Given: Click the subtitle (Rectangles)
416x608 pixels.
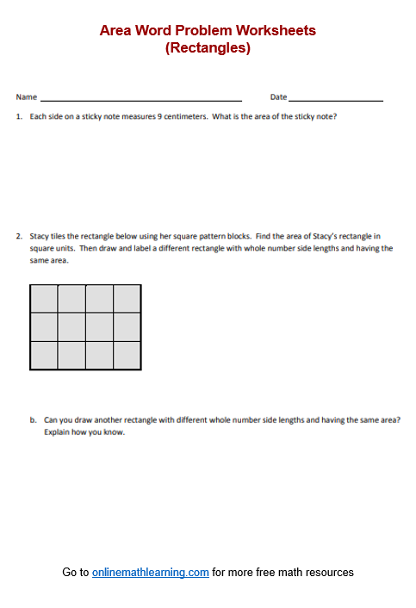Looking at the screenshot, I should tap(208, 48).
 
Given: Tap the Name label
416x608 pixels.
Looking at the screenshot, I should tap(26, 97).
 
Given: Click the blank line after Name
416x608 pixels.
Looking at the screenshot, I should tap(140, 99).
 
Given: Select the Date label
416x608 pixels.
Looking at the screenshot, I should tap(278, 97).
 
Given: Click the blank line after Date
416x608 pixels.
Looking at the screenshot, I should tap(336, 99).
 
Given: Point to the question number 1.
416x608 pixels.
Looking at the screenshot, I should tap(19, 116).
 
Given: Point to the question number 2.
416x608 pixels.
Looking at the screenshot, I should tap(19, 235).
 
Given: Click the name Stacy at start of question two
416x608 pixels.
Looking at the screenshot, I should tap(40, 235).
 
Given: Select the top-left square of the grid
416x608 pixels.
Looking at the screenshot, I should tap(44, 298).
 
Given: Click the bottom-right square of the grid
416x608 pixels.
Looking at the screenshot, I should tap(127, 355).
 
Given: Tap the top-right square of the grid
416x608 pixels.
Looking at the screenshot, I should tap(127, 298).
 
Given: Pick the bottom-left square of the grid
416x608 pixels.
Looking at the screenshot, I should tap(44, 355).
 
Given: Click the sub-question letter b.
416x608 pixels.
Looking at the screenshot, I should tap(33, 420).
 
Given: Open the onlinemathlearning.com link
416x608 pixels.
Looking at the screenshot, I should tap(151, 573).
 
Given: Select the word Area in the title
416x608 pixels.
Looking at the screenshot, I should tap(116, 31).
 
